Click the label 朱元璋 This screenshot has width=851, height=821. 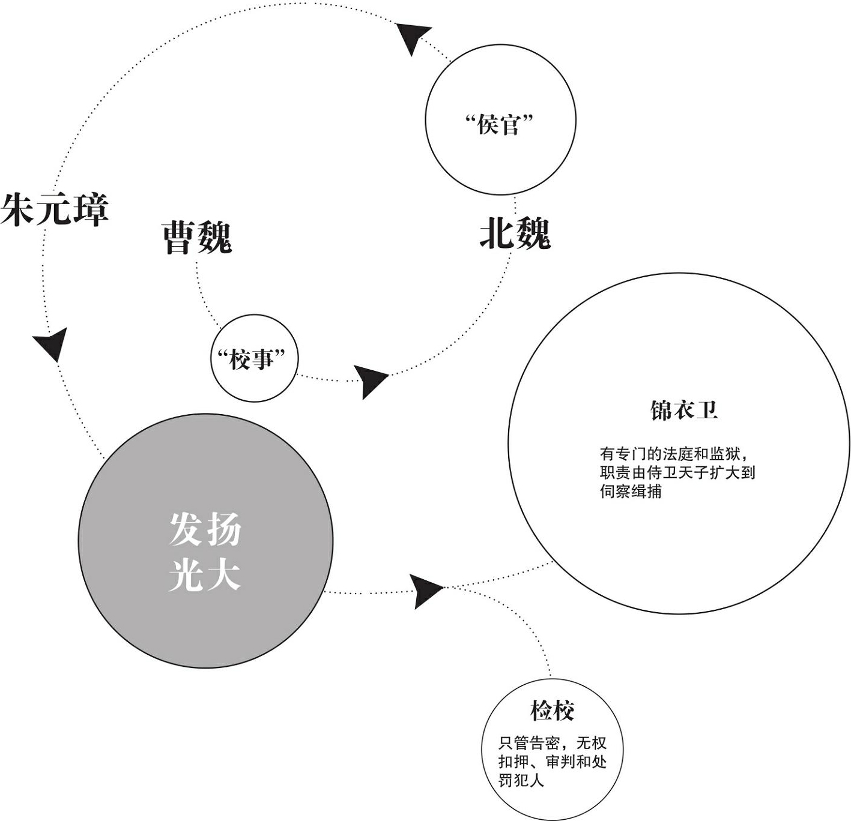pos(54,209)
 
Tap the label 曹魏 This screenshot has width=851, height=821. pos(197,237)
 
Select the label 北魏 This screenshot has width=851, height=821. pos(515,233)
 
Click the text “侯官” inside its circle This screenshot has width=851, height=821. pos(499,125)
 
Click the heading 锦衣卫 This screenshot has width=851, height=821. pos(684,410)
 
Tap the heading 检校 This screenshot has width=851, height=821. pos(553,711)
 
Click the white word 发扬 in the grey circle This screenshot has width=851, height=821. pos(205,529)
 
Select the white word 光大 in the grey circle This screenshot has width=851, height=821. pos(205,575)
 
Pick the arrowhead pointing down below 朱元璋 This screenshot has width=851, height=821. pos(51,344)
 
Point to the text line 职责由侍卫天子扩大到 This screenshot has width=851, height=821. pos(677,473)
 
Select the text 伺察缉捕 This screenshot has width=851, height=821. pos(631,492)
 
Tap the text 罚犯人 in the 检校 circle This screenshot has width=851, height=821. pos(521,780)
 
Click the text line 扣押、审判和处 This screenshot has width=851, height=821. pos(553,762)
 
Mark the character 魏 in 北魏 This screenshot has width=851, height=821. pos(533,233)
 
